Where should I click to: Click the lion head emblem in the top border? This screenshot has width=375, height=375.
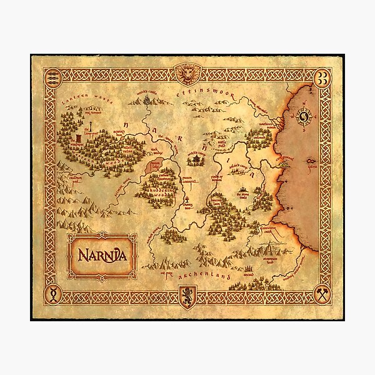tap(188, 74)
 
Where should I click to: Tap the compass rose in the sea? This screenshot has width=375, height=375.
tap(306, 116)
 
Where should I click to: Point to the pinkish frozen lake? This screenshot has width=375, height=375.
tap(154, 166)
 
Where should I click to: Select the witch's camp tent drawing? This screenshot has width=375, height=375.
tap(197, 160)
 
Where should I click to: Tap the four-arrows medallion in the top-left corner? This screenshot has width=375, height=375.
tap(52, 75)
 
